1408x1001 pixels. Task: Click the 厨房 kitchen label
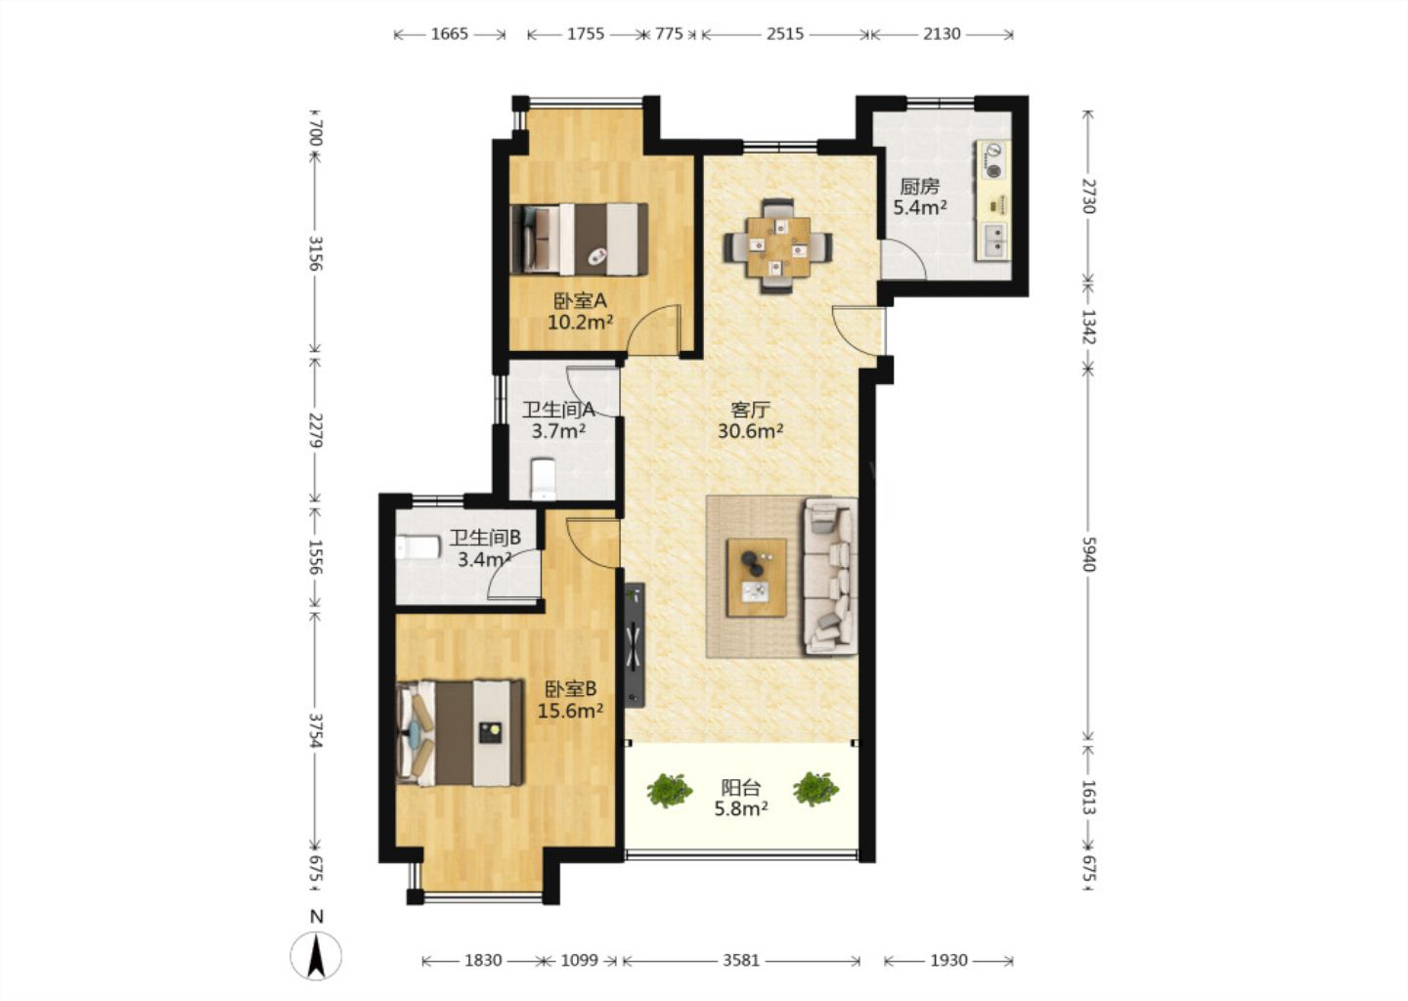click(919, 187)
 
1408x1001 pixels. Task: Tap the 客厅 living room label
click(750, 411)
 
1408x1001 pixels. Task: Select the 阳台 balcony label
click(741, 787)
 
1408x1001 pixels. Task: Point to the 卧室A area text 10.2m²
click(580, 323)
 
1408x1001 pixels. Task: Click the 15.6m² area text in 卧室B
click(571, 711)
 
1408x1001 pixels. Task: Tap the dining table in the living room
click(777, 246)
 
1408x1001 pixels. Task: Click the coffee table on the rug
click(756, 578)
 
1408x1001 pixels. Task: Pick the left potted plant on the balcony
click(670, 790)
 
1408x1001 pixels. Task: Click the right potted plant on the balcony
click(815, 789)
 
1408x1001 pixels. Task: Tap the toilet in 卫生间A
click(543, 478)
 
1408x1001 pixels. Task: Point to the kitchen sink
click(993, 240)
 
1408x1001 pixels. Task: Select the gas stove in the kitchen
click(993, 159)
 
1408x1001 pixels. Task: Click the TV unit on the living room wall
click(635, 644)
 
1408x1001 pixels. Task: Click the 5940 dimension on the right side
click(1088, 554)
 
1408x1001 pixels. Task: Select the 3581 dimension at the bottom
click(741, 960)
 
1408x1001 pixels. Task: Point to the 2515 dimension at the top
click(784, 34)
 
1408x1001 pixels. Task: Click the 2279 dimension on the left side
click(316, 430)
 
